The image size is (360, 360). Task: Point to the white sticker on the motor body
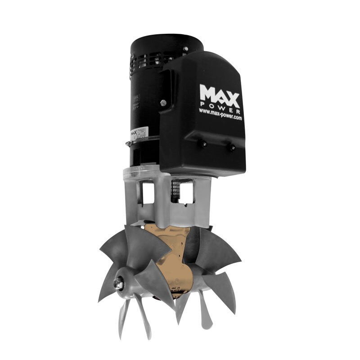135,134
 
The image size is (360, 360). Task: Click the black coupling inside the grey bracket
175,191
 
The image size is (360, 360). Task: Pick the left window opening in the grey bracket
147,193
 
